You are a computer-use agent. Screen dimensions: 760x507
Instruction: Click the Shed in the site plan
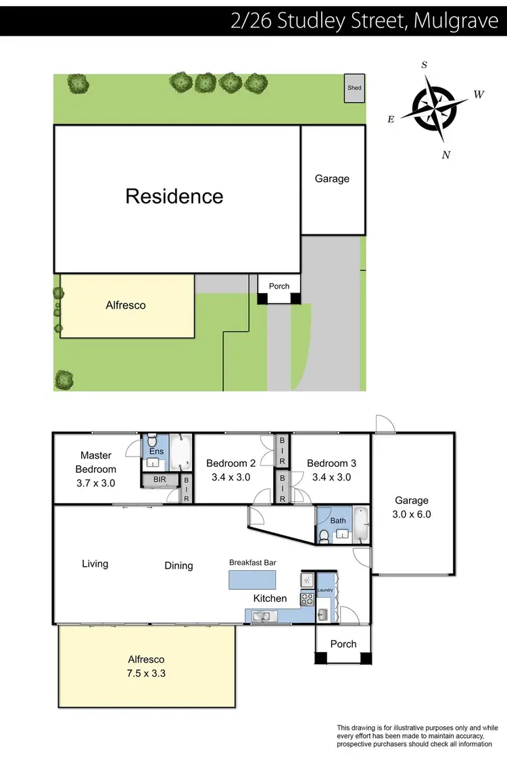[354, 88]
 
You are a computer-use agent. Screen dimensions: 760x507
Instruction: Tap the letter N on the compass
[445, 155]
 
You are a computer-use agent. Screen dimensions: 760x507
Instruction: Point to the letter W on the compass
[479, 95]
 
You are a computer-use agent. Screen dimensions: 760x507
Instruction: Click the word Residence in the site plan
[174, 196]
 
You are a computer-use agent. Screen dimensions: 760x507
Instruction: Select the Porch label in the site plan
[279, 286]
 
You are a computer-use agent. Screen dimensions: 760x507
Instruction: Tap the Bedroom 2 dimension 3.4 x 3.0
[231, 477]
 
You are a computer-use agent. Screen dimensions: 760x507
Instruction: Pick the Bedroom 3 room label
[331, 463]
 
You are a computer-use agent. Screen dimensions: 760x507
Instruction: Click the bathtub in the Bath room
[361, 527]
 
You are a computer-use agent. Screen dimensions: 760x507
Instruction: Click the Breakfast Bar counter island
[252, 580]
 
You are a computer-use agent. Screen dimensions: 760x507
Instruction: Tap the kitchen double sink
[261, 615]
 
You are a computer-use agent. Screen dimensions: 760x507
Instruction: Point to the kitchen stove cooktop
[306, 598]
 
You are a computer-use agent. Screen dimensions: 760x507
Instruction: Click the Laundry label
[325, 590]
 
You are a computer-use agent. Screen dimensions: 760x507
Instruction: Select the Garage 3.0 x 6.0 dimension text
[412, 514]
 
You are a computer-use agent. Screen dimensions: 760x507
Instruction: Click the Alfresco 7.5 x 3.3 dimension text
[146, 673]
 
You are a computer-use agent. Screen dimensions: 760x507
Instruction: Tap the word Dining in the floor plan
[178, 565]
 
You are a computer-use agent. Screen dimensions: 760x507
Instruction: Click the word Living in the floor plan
[95, 563]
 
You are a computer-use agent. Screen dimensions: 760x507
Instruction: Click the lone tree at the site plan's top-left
[78, 84]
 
